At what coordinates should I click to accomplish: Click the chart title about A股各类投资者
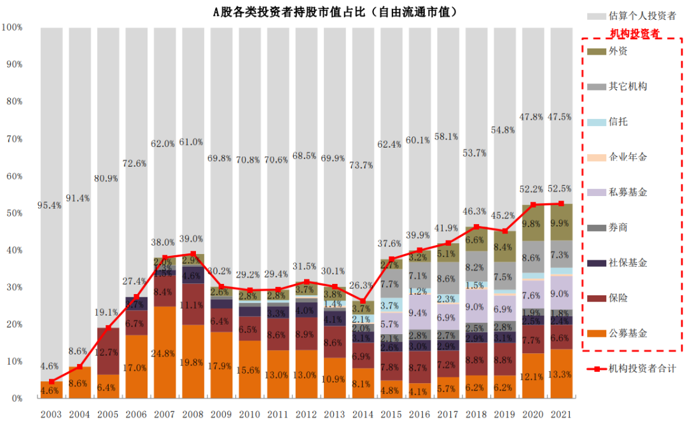pyautogui.click(x=335, y=12)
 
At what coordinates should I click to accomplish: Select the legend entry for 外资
pyautogui.click(x=618, y=51)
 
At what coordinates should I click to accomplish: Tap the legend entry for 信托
pyautogui.click(x=618, y=122)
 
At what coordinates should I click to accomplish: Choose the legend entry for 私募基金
pyautogui.click(x=628, y=192)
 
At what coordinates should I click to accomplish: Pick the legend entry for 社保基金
pyautogui.click(x=628, y=263)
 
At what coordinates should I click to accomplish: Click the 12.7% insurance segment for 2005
pyautogui.click(x=109, y=351)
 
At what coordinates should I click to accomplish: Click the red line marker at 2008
pyautogui.click(x=193, y=253)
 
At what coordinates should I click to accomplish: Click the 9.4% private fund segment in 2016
pyautogui.click(x=417, y=312)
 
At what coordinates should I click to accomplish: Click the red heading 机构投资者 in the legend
pyautogui.click(x=634, y=33)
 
